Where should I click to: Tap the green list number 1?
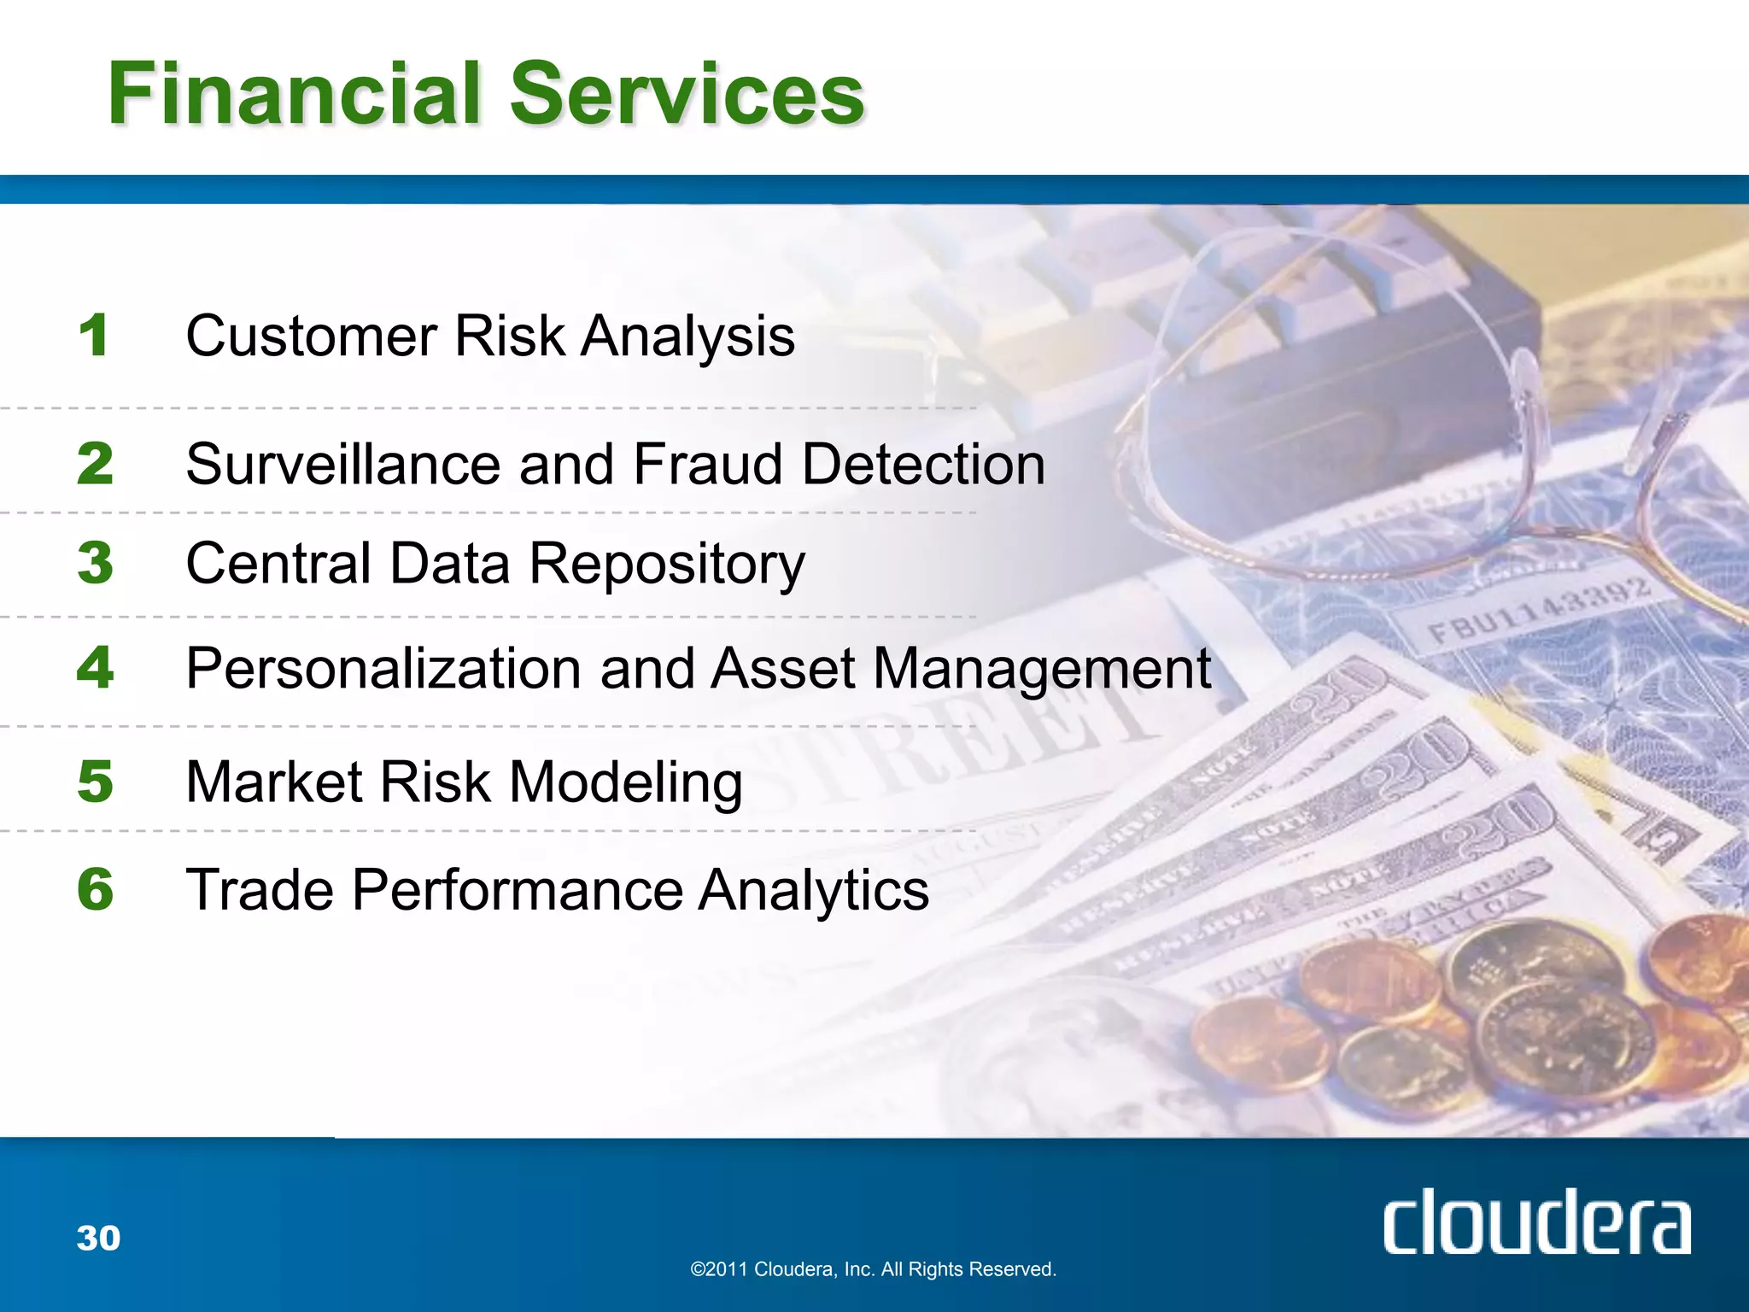click(94, 335)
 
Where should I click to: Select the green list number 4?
click(95, 667)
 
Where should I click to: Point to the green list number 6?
click(95, 889)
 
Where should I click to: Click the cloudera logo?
click(1536, 1222)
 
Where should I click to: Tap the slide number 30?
click(98, 1238)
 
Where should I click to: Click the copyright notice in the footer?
click(873, 1269)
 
